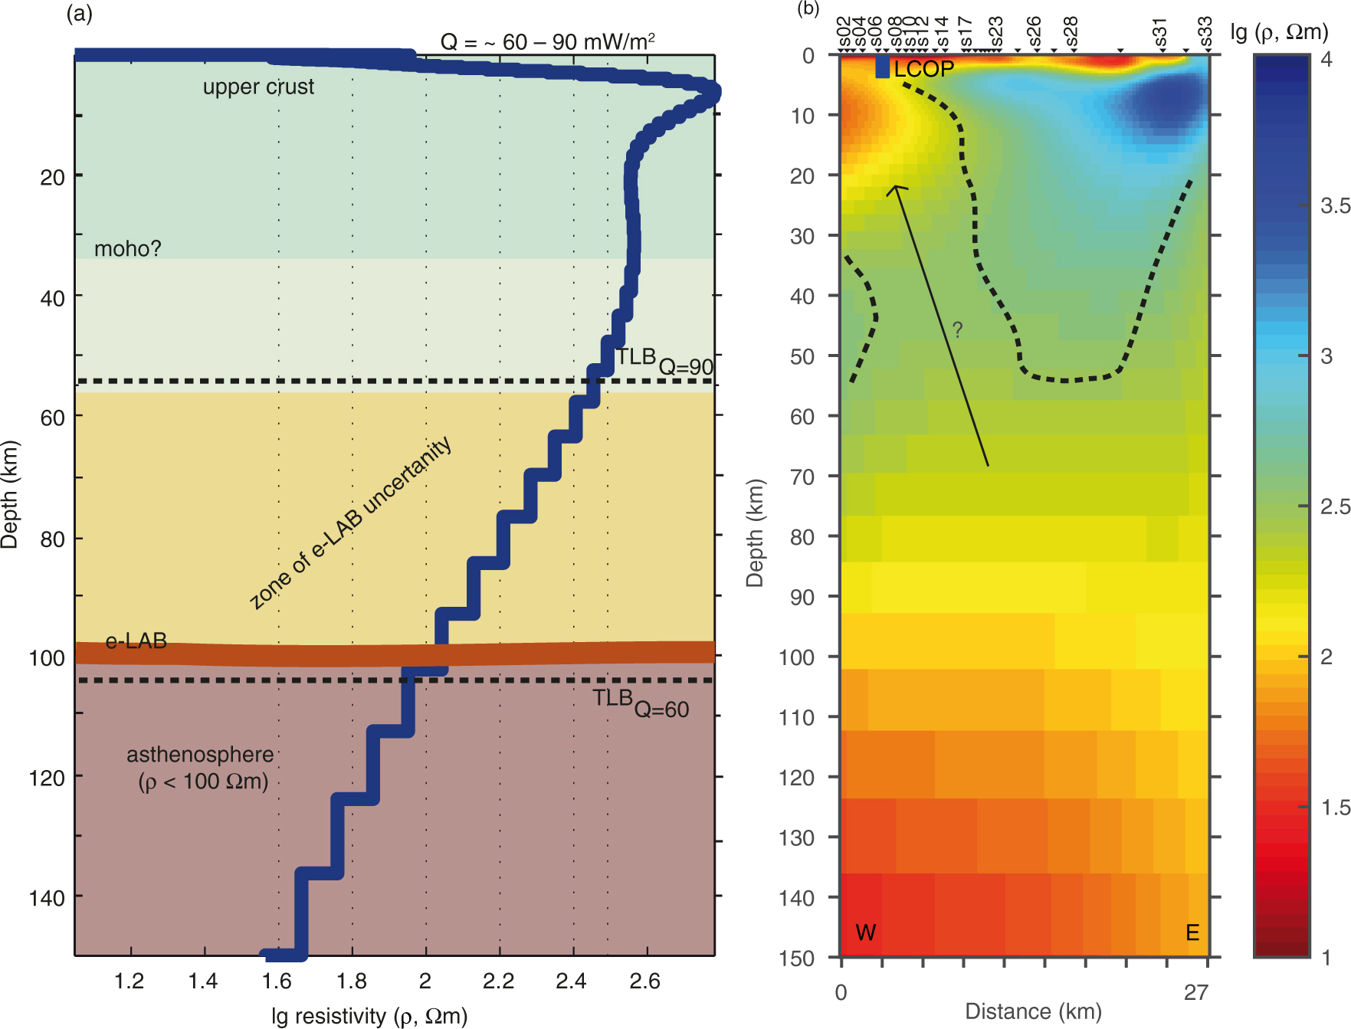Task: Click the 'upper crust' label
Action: pos(258,87)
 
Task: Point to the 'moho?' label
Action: pos(127,249)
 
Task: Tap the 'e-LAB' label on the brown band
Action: pos(136,641)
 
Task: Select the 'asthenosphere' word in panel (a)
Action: pos(200,755)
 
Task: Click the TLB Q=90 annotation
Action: pos(664,361)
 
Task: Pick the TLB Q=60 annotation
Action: pos(640,703)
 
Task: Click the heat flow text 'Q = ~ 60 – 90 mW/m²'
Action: pos(547,41)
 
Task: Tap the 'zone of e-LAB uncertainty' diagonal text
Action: pos(350,524)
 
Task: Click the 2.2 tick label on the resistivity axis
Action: pos(499,981)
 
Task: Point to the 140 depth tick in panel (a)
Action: pos(47,897)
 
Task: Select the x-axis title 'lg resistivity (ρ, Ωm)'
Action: pos(369,1016)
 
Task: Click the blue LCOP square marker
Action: pos(882,67)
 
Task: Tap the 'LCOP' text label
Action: pos(924,69)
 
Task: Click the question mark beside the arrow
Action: pos(957,329)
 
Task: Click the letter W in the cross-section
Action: pos(865,932)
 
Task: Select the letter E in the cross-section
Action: pos(1192,932)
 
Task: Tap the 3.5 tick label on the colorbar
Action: pos(1335,205)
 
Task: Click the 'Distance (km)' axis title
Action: pos(1033,1011)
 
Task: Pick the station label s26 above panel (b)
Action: pos(1034,32)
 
